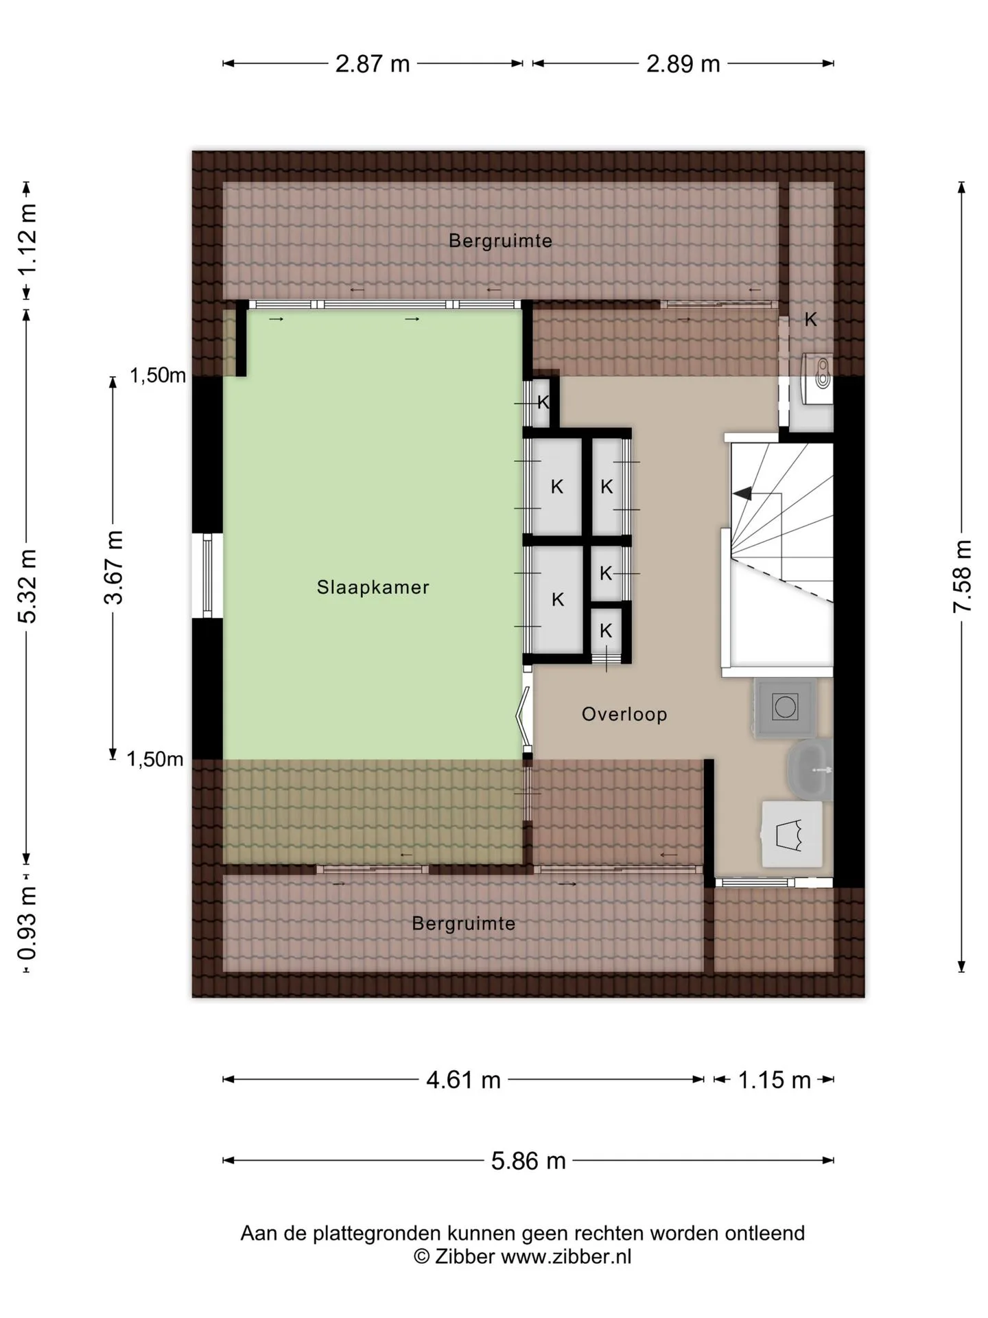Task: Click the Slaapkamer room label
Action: [x=373, y=587]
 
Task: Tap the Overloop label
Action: [x=624, y=714]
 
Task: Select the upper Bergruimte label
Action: [x=500, y=241]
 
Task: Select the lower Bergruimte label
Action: [x=463, y=923]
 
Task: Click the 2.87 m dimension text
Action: [x=373, y=64]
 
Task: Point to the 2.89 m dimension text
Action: [x=683, y=64]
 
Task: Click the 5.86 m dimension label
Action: [x=528, y=1160]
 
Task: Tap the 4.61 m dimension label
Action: [x=464, y=1080]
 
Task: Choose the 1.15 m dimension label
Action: [x=774, y=1080]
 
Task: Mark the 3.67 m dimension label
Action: [x=113, y=567]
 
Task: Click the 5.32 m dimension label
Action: [x=27, y=586]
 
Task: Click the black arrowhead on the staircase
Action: [x=742, y=493]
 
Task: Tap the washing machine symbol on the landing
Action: [x=785, y=708]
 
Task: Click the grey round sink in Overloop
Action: [x=810, y=770]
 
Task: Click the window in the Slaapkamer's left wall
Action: [x=207, y=576]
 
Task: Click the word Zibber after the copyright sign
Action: [x=464, y=1256]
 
